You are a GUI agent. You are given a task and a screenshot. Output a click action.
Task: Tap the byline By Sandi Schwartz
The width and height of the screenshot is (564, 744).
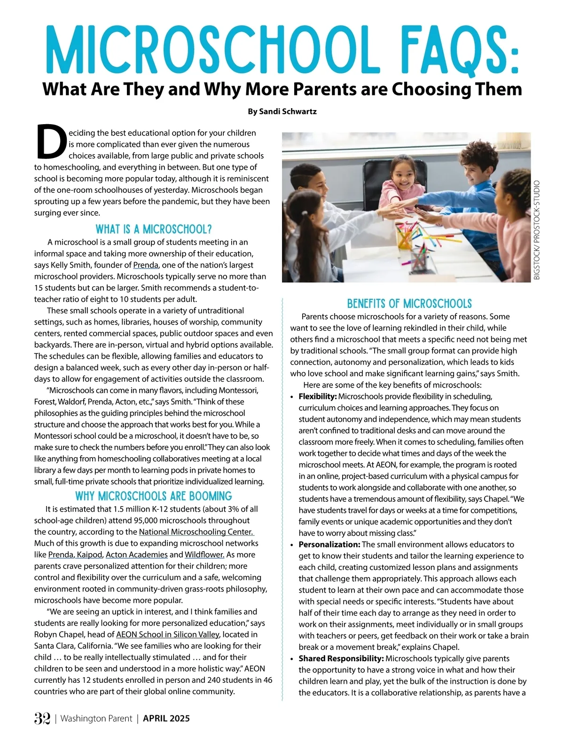(282, 111)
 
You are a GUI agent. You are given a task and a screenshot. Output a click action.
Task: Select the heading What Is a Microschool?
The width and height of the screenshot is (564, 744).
(154, 229)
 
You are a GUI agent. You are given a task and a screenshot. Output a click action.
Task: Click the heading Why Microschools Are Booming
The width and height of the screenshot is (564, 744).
(154, 496)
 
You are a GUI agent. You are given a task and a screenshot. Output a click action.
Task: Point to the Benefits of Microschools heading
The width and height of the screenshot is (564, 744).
(409, 303)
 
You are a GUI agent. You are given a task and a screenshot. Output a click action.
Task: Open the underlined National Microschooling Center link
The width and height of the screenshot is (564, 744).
(196, 532)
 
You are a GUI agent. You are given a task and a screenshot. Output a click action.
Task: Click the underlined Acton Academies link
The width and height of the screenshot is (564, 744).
(136, 554)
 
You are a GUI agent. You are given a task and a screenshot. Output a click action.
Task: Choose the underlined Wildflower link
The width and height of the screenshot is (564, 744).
(204, 554)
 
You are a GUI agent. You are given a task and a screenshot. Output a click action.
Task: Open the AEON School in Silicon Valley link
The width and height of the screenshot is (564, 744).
(168, 634)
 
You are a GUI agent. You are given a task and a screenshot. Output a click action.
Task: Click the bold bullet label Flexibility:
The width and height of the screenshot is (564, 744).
(318, 396)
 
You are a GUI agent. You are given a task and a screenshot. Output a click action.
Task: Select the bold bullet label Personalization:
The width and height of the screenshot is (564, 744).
(329, 545)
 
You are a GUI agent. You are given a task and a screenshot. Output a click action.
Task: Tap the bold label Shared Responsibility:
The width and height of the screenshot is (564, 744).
(341, 658)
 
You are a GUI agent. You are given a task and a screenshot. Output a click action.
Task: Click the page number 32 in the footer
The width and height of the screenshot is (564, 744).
(42, 718)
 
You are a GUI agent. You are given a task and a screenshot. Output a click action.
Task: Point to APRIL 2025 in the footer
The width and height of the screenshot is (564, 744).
(166, 718)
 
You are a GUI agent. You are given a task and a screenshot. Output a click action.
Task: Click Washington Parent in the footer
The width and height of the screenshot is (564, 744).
(96, 718)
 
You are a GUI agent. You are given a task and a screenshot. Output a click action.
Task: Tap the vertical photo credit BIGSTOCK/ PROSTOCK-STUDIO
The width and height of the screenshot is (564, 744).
(537, 230)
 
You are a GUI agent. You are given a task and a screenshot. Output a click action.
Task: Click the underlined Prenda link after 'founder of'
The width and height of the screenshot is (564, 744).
(146, 265)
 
